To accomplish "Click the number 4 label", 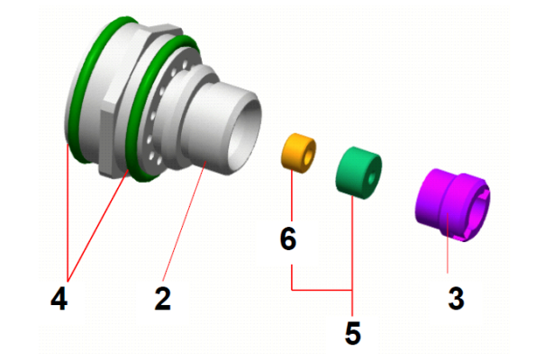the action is coord(59,298).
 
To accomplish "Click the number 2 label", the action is coord(163,298).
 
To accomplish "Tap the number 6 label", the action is coord(288,238).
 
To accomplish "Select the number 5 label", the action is coord(353,333).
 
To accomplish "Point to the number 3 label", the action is coord(456,298).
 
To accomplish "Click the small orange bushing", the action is coord(298,153).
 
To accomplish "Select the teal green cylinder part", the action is coord(358,173).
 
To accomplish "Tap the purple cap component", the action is coord(452,204).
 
